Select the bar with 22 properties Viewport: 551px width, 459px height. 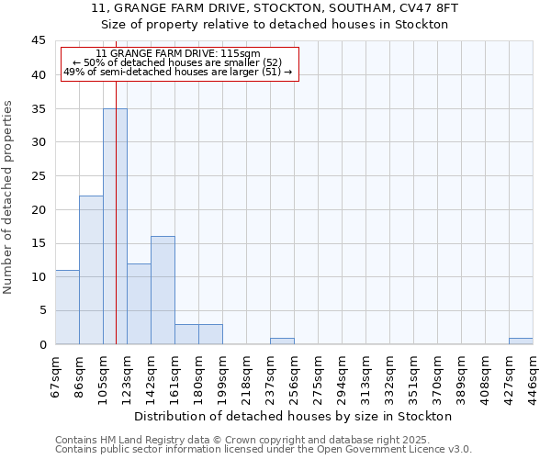click(91, 271)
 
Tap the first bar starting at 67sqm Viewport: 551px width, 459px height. click(67, 308)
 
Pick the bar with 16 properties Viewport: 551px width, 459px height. click(163, 290)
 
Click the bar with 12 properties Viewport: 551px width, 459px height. click(139, 304)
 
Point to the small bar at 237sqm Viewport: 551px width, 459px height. click(282, 341)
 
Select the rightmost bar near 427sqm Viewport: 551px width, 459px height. click(521, 341)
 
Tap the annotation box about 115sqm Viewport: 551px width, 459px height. click(180, 63)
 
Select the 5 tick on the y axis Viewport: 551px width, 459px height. click(42, 310)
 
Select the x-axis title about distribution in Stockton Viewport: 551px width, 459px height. click(299, 417)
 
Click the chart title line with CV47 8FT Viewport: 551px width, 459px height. click(274, 8)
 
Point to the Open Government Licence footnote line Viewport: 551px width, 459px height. click(264, 450)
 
